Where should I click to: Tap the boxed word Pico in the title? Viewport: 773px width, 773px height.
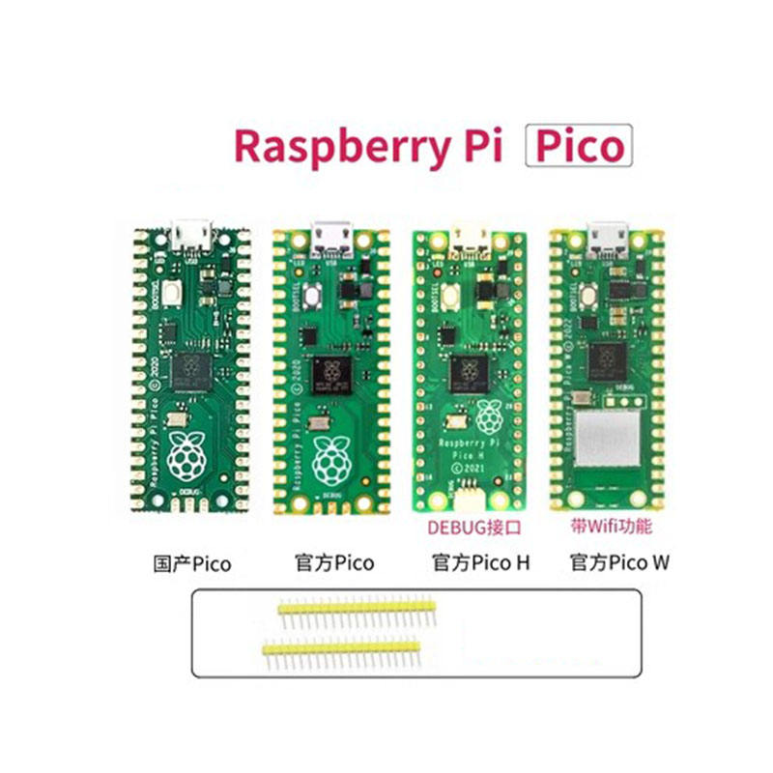coord(578,148)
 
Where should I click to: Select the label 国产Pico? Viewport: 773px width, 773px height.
coord(193,563)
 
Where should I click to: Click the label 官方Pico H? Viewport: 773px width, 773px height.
coord(480,563)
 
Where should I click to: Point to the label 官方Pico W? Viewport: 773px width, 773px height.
coord(618,563)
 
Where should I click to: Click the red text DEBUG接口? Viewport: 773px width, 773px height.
coord(471,528)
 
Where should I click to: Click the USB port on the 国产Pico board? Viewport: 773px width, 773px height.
coord(193,234)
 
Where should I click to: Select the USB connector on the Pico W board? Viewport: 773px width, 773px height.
coord(609,235)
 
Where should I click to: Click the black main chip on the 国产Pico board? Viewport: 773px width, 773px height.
coord(192,369)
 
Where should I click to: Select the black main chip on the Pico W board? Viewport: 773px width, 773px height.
coord(609,358)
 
